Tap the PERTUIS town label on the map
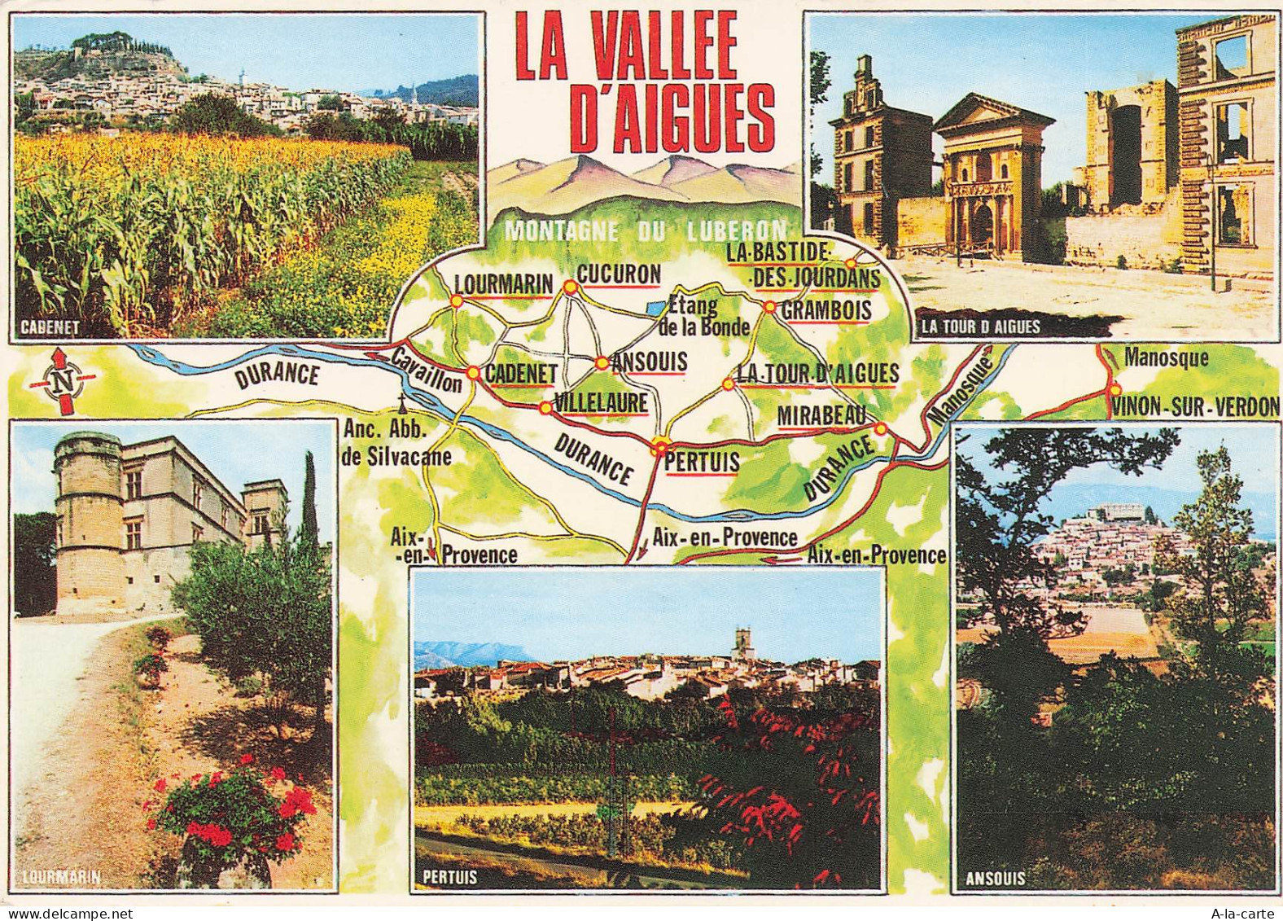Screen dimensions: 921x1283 point(702,463)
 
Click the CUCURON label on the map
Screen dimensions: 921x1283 point(619,275)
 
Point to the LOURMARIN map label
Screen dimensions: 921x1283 point(503,284)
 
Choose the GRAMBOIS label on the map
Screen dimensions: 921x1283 point(826,310)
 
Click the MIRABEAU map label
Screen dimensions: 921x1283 point(821,415)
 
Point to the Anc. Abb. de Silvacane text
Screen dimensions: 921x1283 point(396,444)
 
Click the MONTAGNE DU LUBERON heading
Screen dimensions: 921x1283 point(646,230)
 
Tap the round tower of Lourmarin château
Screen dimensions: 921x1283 point(87,521)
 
